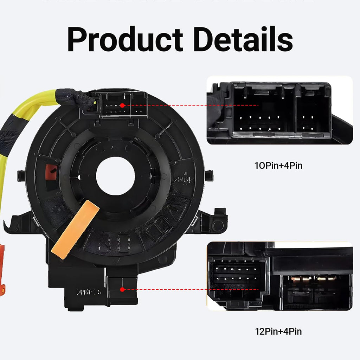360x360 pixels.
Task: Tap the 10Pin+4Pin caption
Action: click(278, 165)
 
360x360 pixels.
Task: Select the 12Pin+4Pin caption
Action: click(278, 331)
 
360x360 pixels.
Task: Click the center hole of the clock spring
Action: click(115, 176)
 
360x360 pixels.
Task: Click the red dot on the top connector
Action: click(122, 105)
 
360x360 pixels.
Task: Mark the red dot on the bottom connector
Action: click(122, 290)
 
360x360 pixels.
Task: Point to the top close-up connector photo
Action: click(279, 110)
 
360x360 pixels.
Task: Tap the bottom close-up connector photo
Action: click(279, 276)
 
